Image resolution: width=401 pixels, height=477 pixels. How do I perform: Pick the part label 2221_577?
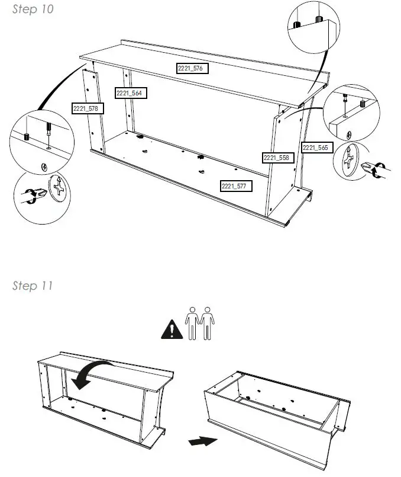click(235, 186)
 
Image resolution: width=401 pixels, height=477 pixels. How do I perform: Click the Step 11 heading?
click(33, 286)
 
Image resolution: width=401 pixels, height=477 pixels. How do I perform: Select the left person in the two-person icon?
click(192, 323)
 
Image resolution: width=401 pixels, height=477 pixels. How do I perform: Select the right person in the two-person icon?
click(206, 323)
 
